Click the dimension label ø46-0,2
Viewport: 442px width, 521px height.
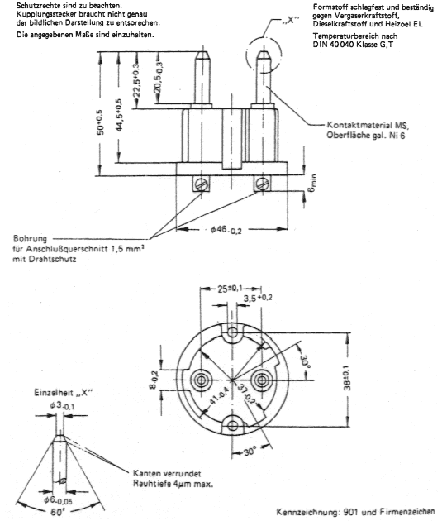tap(226, 230)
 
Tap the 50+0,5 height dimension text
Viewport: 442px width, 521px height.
tap(100, 122)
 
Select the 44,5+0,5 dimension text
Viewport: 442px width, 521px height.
tap(119, 115)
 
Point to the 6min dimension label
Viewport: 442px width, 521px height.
tap(312, 183)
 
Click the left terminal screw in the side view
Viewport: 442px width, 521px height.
tap(202, 184)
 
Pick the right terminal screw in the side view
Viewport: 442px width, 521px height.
tap(263, 184)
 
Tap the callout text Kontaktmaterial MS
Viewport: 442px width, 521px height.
tap(368, 125)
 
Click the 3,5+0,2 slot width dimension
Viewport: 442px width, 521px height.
tap(258, 298)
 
